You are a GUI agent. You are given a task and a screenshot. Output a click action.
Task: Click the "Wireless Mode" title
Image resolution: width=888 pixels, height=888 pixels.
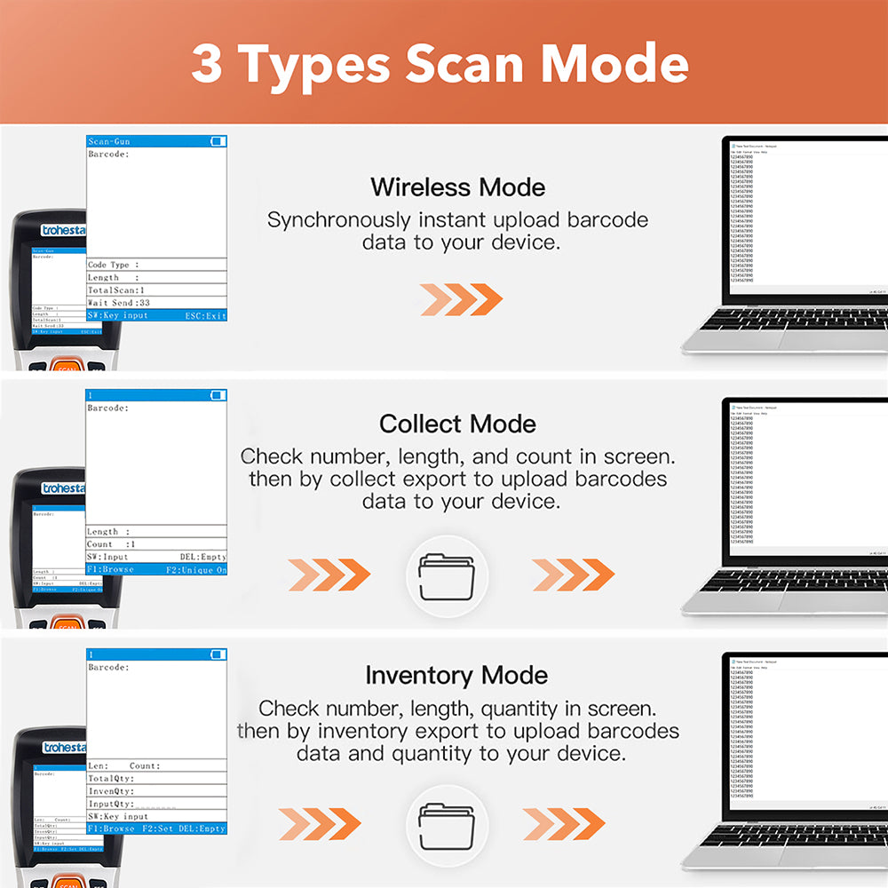pyautogui.click(x=457, y=187)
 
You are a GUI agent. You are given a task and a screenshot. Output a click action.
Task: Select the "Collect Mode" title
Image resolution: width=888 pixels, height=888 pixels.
pyautogui.click(x=457, y=424)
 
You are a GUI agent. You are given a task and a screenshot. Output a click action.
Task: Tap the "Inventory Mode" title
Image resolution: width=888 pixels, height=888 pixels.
pyautogui.click(x=456, y=676)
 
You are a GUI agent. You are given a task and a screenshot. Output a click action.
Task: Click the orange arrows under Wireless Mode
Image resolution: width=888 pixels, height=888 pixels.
pyautogui.click(x=461, y=299)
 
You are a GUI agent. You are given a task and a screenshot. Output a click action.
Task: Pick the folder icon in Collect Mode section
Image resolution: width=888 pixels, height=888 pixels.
pyautogui.click(x=446, y=576)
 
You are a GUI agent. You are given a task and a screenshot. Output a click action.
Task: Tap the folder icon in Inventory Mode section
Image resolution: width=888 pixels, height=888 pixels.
pyautogui.click(x=446, y=825)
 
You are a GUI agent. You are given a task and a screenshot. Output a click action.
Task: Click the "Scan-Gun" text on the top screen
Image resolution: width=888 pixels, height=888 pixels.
pyautogui.click(x=109, y=142)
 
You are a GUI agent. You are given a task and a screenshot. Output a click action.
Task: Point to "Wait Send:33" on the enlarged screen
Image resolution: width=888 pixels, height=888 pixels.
pyautogui.click(x=119, y=303)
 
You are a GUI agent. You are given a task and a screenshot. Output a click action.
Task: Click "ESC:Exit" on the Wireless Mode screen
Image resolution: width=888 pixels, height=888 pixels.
pyautogui.click(x=205, y=315)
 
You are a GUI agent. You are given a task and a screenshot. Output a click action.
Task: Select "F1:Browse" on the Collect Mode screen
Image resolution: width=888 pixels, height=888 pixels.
pyautogui.click(x=110, y=569)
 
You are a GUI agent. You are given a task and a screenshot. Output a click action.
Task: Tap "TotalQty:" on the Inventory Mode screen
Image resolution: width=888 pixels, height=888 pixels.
pyautogui.click(x=110, y=778)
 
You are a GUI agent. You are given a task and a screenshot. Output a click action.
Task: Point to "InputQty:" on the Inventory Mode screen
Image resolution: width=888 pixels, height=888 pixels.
pyautogui.click(x=110, y=804)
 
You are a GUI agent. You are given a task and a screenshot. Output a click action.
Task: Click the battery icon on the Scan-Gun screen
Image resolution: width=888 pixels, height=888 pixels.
pyautogui.click(x=218, y=141)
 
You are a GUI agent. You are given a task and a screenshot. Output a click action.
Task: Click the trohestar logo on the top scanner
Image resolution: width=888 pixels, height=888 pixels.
pyautogui.click(x=63, y=231)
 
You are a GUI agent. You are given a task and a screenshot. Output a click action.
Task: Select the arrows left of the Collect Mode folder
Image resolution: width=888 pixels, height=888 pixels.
pyautogui.click(x=329, y=575)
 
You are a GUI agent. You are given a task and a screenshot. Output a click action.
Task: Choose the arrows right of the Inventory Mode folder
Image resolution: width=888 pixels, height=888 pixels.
pyautogui.click(x=563, y=824)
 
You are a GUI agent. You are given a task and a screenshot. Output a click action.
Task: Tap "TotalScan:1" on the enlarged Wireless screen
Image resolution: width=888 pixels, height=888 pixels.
pyautogui.click(x=116, y=290)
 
